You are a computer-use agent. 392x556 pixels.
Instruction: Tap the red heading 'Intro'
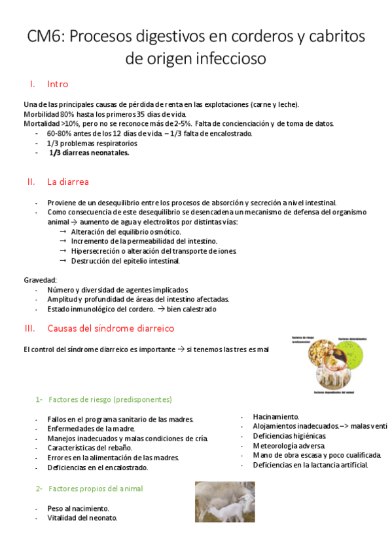pos(58,85)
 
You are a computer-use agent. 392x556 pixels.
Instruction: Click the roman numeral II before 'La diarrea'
pos(30,182)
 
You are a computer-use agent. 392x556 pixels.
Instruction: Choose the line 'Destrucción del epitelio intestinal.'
pos(125,260)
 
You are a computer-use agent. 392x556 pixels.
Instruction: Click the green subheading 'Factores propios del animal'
pos(96,488)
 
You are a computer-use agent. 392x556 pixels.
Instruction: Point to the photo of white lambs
pos(225,502)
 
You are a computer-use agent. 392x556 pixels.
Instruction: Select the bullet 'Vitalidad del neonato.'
pos(82,518)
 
